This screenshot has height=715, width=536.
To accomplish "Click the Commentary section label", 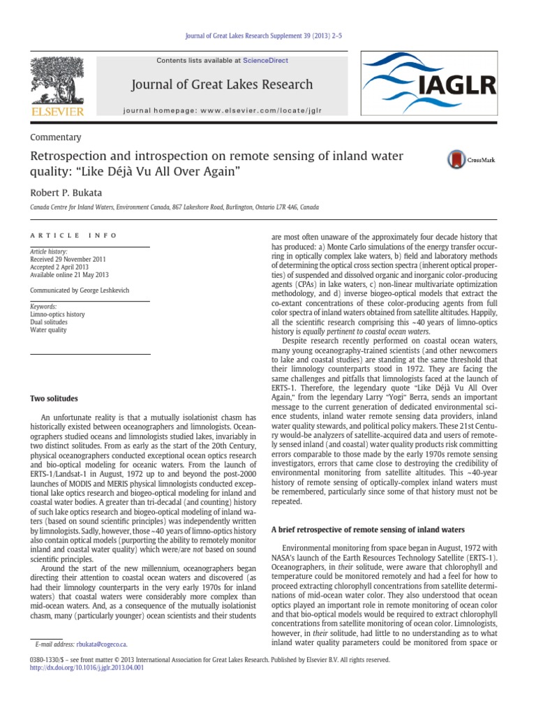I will [x=55, y=138].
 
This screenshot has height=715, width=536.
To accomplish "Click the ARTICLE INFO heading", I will [x=73, y=236].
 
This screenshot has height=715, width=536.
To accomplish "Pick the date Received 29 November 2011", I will [x=66, y=258].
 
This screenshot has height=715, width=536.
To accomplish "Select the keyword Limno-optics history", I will [x=57, y=314].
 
